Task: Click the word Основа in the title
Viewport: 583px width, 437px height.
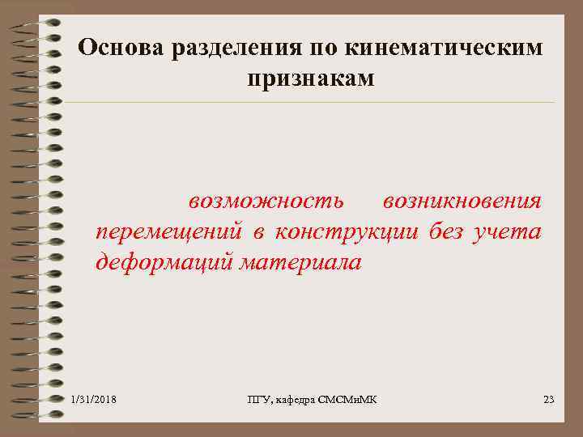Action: click(x=121, y=49)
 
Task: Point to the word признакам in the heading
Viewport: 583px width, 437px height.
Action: click(x=309, y=78)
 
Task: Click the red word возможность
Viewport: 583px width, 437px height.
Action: click(x=266, y=200)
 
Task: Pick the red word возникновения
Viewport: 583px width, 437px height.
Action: click(x=462, y=200)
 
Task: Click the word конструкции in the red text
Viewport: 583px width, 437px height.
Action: click(x=346, y=232)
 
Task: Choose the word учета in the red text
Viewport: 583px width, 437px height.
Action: click(x=511, y=232)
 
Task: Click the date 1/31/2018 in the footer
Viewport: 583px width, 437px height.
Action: click(x=94, y=399)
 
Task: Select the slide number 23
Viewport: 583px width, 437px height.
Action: click(x=548, y=399)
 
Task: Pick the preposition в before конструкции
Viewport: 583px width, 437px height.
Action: click(x=257, y=232)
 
